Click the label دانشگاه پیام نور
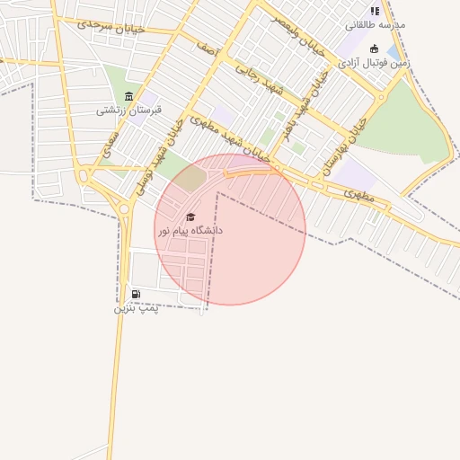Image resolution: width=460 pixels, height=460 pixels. [190, 231]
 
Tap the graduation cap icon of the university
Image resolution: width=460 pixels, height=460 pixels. [190, 217]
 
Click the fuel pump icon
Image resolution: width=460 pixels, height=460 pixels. [136, 294]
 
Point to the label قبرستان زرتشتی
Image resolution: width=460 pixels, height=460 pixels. [129, 111]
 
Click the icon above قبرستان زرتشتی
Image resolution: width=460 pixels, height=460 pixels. [129, 96]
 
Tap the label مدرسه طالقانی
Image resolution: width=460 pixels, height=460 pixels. [376, 24]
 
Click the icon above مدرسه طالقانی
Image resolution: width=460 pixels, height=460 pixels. [375, 11]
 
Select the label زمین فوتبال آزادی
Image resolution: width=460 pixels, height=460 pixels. [374, 63]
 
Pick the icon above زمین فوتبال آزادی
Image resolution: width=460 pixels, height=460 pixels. [374, 49]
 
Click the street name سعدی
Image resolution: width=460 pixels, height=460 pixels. [110, 144]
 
